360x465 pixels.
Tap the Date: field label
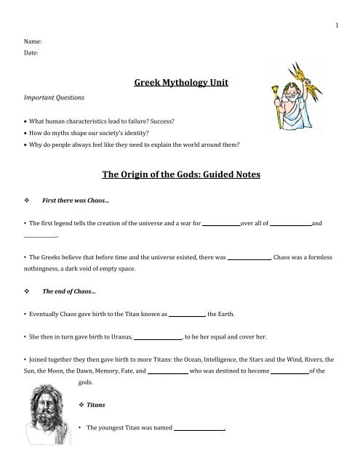click(x=32, y=52)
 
